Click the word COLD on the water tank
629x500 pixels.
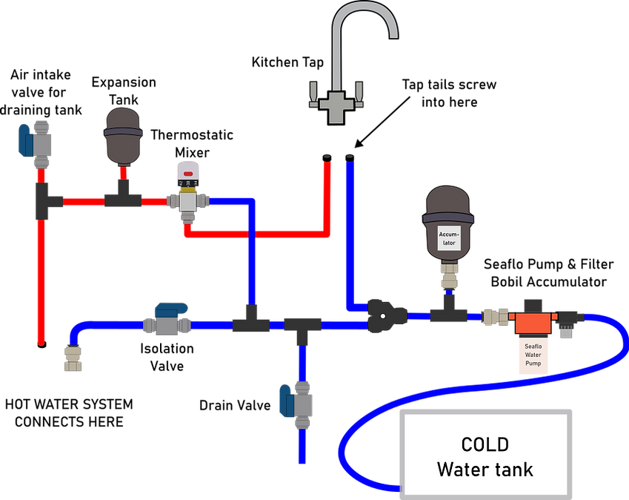[485, 445]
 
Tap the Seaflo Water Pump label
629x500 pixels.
[533, 354]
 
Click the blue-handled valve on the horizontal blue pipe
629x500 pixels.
[170, 319]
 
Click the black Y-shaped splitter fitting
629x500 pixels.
[384, 316]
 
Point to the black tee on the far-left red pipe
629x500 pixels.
[44, 200]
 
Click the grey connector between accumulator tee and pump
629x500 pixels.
[495, 318]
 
